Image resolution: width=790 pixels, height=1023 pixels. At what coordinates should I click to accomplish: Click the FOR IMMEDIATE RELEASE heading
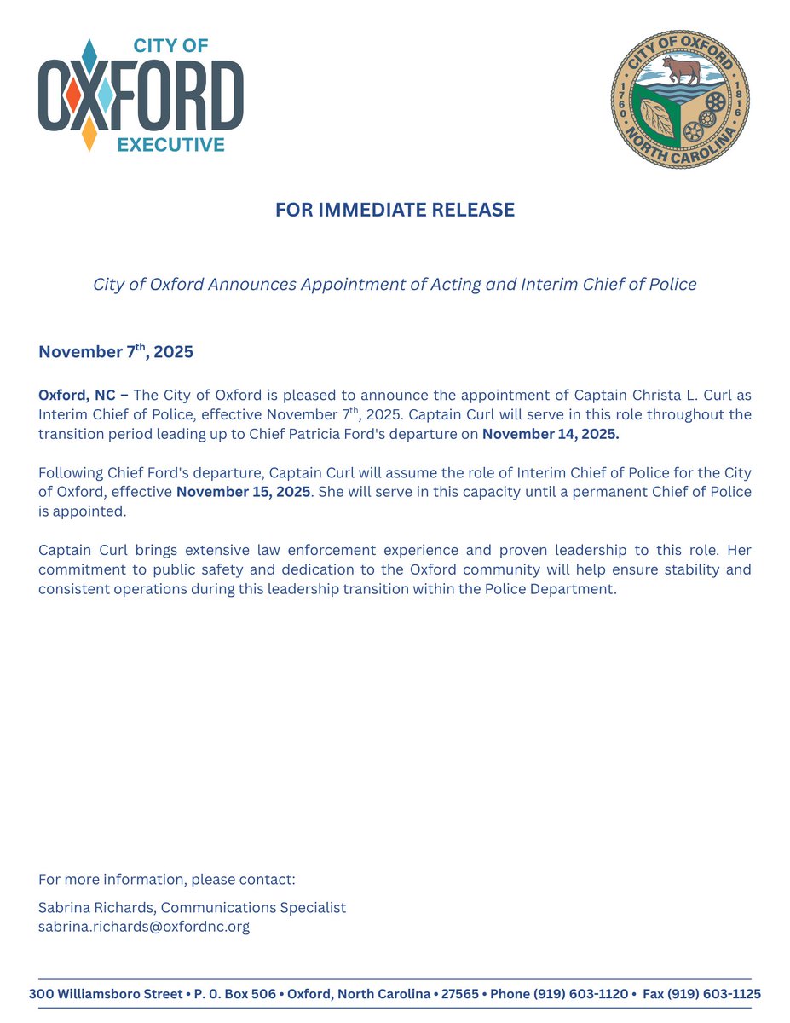click(x=395, y=210)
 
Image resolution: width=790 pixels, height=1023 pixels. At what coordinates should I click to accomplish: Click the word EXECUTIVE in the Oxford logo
click(x=170, y=145)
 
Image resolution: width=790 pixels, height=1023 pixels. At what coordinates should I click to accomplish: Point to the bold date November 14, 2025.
click(x=551, y=433)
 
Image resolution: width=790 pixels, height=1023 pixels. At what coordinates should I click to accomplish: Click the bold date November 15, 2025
click(x=243, y=492)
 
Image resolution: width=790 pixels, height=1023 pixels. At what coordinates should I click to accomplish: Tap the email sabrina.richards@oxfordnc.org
click(x=144, y=927)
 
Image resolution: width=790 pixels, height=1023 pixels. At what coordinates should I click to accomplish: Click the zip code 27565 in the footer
click(x=460, y=994)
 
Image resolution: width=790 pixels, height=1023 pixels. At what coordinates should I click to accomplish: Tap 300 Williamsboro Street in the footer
click(x=106, y=994)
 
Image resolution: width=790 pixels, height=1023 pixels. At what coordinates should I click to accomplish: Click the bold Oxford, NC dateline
click(x=83, y=395)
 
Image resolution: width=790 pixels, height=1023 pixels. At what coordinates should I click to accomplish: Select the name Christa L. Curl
click(x=671, y=395)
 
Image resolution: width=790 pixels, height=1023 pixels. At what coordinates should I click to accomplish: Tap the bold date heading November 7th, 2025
click(x=116, y=351)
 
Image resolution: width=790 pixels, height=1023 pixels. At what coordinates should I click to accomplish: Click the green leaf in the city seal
click(x=661, y=116)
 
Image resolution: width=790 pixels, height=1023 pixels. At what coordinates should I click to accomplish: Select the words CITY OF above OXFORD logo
click(x=170, y=46)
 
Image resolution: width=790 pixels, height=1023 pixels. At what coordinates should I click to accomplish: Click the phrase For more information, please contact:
click(x=167, y=879)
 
